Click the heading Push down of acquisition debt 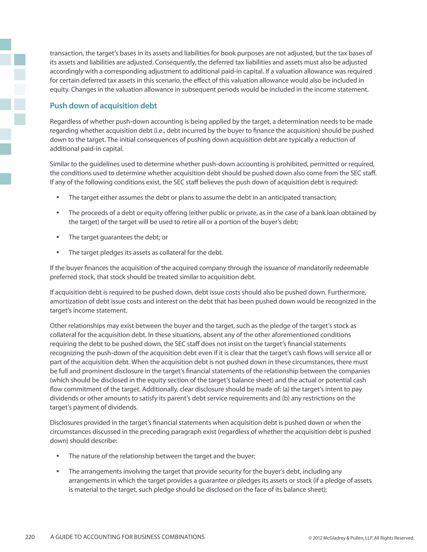point(103,106)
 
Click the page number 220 point(30,537)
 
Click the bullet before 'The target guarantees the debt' point(58,237)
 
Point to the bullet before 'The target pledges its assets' point(58,252)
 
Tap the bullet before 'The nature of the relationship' point(58,456)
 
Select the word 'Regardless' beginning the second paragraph point(65,122)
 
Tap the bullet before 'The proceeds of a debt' point(58,213)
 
